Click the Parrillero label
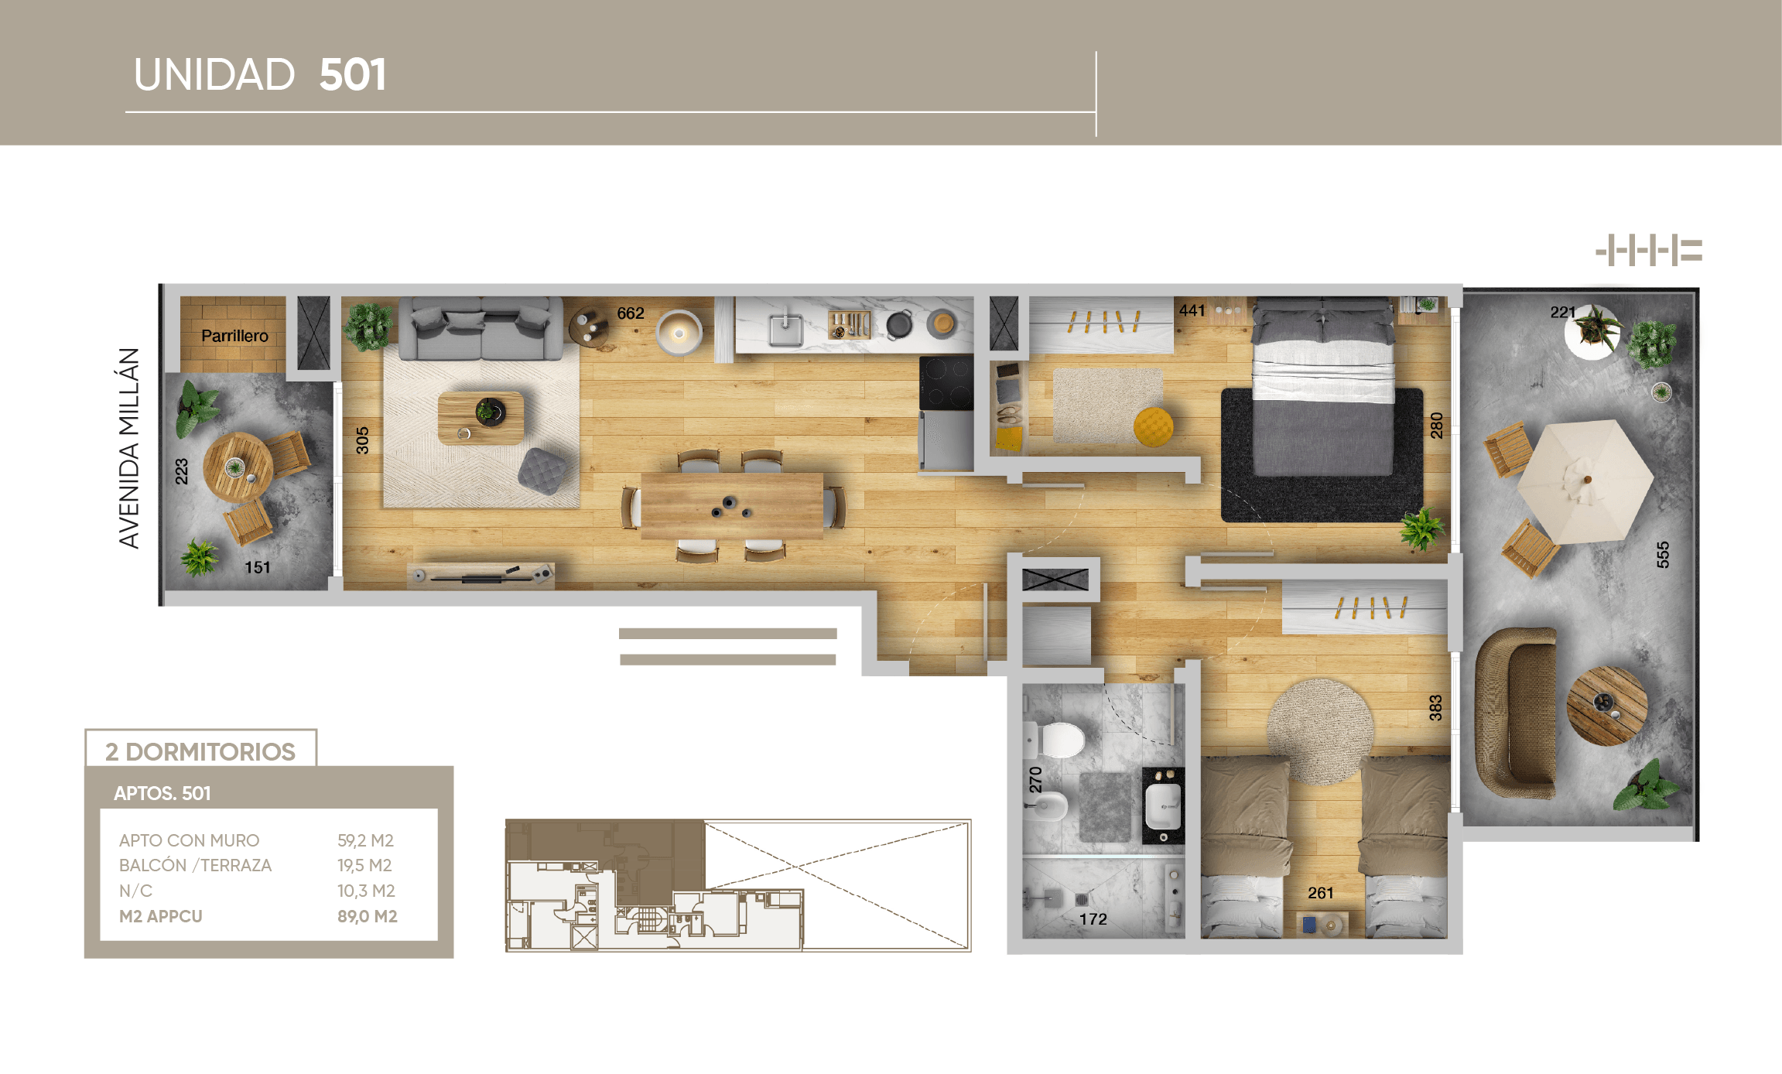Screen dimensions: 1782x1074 pyautogui.click(x=234, y=336)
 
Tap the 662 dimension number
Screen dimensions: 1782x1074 pyautogui.click(x=631, y=313)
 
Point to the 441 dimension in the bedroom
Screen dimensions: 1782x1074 pyautogui.click(x=1192, y=310)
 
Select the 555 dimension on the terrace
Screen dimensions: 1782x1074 pyautogui.click(x=1663, y=555)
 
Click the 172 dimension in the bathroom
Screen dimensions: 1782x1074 pyautogui.click(x=1093, y=919)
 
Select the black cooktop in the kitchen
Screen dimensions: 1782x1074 pyautogui.click(x=946, y=383)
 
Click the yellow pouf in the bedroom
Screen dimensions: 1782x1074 pyautogui.click(x=1153, y=426)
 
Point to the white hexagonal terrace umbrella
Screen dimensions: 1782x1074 pyautogui.click(x=1584, y=481)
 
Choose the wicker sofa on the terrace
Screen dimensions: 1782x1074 pyautogui.click(x=1516, y=712)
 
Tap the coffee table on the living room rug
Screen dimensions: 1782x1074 pyautogui.click(x=481, y=418)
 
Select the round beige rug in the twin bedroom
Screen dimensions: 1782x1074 pyautogui.click(x=1320, y=730)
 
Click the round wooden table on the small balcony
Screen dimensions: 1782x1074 pyautogui.click(x=238, y=467)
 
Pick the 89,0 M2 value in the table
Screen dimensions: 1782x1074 pyautogui.click(x=367, y=916)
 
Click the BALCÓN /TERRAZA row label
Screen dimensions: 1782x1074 pyautogui.click(x=195, y=865)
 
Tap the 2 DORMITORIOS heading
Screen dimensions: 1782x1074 pyautogui.click(x=200, y=751)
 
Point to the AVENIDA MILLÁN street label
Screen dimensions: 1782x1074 pyautogui.click(x=129, y=448)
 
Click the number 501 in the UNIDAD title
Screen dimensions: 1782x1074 pyautogui.click(x=352, y=75)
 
